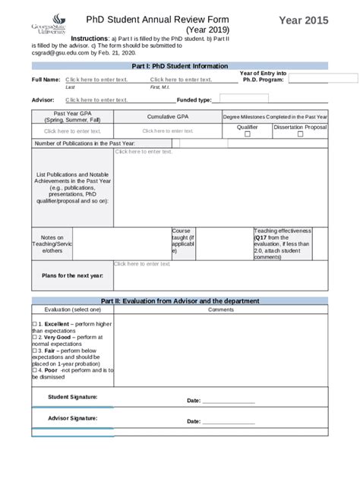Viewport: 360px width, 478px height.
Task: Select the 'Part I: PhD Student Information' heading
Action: click(x=179, y=67)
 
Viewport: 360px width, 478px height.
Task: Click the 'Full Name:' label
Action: click(x=46, y=80)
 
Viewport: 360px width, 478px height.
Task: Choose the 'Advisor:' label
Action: click(x=43, y=99)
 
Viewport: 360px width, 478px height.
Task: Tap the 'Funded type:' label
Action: click(x=194, y=99)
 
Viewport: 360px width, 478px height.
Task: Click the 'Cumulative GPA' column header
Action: click(x=167, y=117)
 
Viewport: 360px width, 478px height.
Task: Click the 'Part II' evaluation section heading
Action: click(x=179, y=301)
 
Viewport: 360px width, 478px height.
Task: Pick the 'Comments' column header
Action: click(x=221, y=310)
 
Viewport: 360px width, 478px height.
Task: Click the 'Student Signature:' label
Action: click(x=72, y=397)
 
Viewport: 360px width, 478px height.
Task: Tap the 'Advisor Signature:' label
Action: click(x=72, y=418)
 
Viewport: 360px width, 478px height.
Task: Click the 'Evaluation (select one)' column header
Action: click(x=72, y=310)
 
